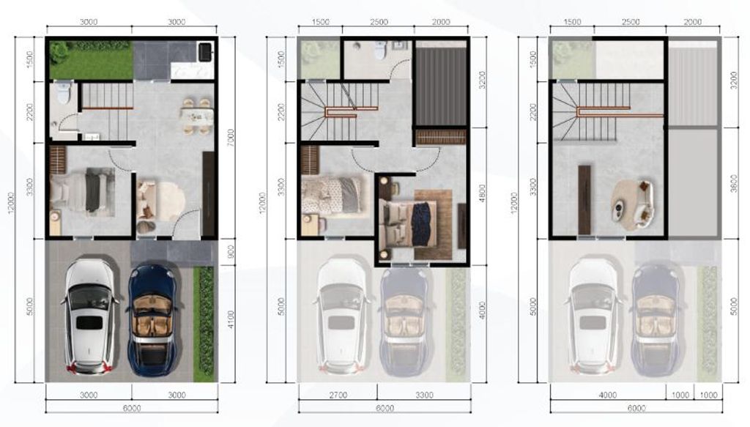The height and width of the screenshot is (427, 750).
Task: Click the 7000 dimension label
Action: pyautogui.click(x=230, y=137)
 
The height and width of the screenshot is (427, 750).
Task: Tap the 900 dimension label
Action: pyautogui.click(x=230, y=253)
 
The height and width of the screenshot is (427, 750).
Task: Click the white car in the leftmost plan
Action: pyautogui.click(x=90, y=316)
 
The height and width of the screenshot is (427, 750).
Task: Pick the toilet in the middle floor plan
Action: pyautogui.click(x=379, y=51)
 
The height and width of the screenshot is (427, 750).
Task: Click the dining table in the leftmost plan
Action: pyautogui.click(x=196, y=116)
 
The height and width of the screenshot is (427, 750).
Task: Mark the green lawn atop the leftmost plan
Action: pyautogui.click(x=90, y=62)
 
